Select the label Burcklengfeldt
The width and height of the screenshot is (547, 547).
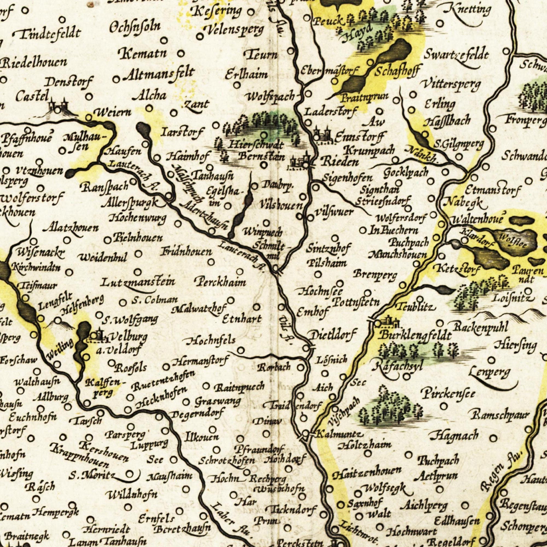pyautogui.click(x=415, y=336)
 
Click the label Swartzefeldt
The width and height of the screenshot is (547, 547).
pyautogui.click(x=456, y=55)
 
